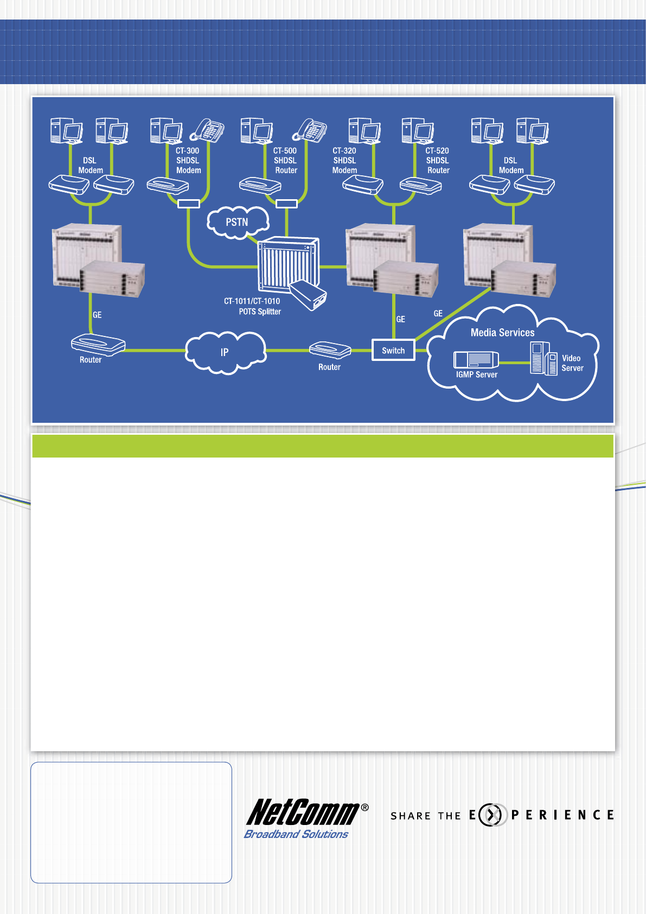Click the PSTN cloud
pyautogui.click(x=238, y=222)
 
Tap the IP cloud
pyautogui.click(x=225, y=353)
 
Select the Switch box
pyautogui.click(x=393, y=351)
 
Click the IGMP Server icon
pyautogui.click(x=476, y=359)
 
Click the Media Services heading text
pyautogui.click(x=502, y=333)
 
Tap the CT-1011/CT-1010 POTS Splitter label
pyautogui.click(x=253, y=306)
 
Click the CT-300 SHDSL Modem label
pyautogui.click(x=188, y=161)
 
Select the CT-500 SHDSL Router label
pyautogui.click(x=285, y=161)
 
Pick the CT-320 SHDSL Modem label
pyautogui.click(x=344, y=161)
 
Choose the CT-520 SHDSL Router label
pyautogui.click(x=437, y=161)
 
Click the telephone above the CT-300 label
pyautogui.click(x=208, y=130)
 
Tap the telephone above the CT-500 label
pyautogui.click(x=310, y=130)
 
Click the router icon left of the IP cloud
pyautogui.click(x=98, y=345)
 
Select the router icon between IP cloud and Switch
pyautogui.click(x=330, y=350)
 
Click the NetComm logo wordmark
pyautogui.click(x=303, y=812)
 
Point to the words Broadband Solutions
pyautogui.click(x=296, y=834)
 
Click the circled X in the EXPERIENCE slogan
pyautogui.click(x=490, y=815)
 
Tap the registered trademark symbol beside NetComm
pyautogui.click(x=364, y=808)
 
